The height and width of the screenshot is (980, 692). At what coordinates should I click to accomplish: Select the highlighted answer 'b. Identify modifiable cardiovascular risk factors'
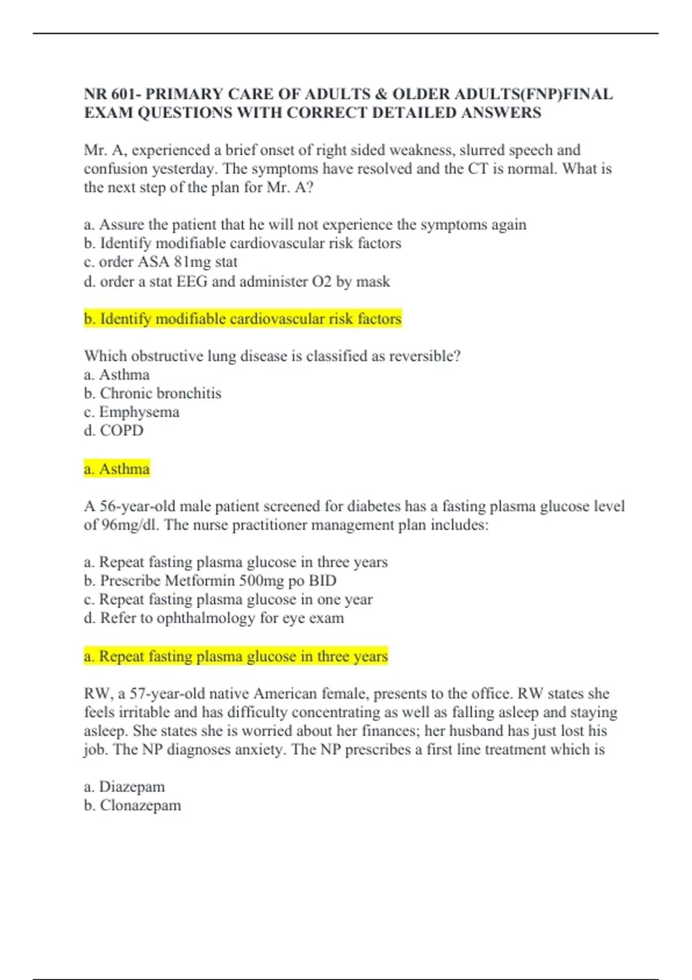click(242, 319)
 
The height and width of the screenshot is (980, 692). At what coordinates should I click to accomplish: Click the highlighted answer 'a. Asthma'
click(116, 469)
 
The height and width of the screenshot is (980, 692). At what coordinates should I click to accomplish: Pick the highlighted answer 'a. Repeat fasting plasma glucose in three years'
click(236, 656)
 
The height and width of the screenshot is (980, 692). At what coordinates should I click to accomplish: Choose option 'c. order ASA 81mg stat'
click(160, 262)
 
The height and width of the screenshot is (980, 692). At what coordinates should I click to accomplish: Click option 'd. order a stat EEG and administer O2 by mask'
click(236, 281)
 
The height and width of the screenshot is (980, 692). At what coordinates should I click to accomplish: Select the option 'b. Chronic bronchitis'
click(152, 393)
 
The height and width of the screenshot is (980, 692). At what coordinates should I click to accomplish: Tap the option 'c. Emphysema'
click(131, 412)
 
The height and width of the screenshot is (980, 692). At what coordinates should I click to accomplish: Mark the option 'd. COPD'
click(114, 431)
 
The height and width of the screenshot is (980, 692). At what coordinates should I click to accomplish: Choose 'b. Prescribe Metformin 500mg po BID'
click(210, 581)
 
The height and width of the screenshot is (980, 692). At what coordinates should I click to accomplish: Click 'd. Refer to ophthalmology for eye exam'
click(213, 618)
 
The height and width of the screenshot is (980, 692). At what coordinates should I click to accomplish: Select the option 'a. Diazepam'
click(124, 787)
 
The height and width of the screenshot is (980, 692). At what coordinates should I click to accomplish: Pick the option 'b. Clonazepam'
click(132, 805)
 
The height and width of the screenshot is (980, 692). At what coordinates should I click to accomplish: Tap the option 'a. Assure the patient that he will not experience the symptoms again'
click(304, 225)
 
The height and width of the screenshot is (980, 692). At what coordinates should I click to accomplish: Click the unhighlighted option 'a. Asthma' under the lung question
click(116, 375)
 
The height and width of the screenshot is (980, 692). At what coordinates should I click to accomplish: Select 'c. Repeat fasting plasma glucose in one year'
click(228, 600)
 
